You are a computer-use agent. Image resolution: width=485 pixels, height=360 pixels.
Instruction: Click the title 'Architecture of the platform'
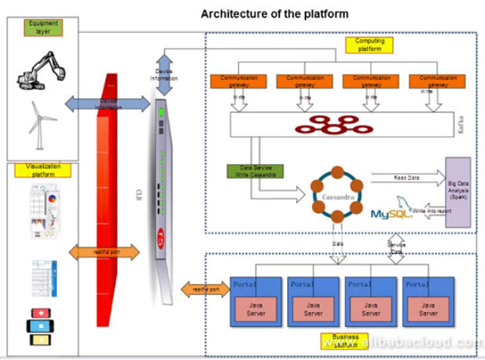pos(274,13)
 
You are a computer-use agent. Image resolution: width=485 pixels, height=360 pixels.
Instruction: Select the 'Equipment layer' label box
pos(44,28)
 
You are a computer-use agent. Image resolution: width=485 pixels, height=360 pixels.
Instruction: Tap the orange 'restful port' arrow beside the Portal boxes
pos(204,290)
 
